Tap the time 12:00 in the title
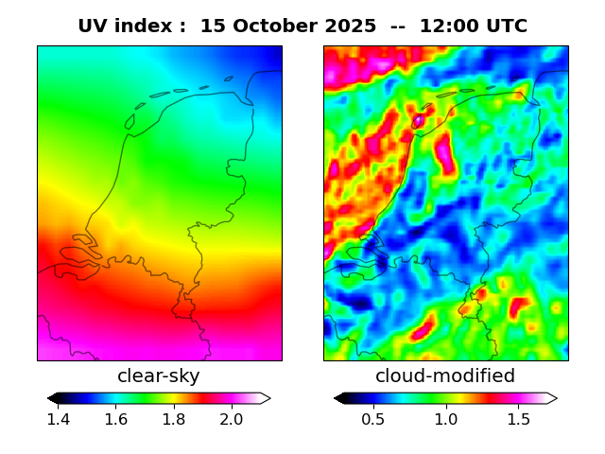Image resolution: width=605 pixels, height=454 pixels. tap(440, 26)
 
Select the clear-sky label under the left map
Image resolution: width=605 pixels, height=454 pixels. tap(159, 376)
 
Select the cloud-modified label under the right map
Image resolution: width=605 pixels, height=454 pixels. tap(445, 376)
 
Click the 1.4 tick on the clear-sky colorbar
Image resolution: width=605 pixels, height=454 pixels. tap(59, 419)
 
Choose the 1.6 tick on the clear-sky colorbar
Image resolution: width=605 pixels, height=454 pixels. tap(116, 419)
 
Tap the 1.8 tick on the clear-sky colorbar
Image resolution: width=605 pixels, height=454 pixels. tap(174, 419)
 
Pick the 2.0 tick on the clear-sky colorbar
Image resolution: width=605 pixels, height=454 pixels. tap(232, 419)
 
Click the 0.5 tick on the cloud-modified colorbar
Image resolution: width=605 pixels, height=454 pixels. tap(373, 419)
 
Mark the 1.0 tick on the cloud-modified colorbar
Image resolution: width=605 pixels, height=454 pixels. tap(445, 419)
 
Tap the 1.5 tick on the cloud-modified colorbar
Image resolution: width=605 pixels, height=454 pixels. tap(517, 419)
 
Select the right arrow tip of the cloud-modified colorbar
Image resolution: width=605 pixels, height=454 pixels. tap(556, 398)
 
